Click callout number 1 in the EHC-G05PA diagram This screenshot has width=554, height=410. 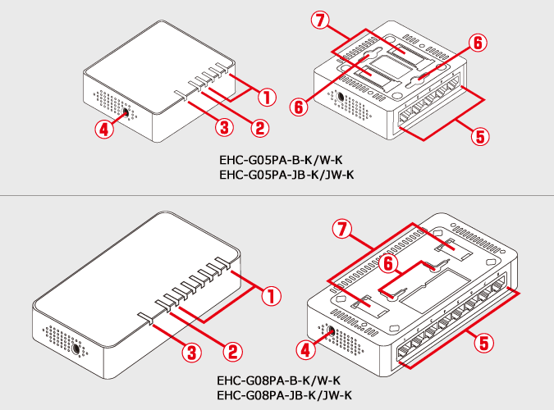pos(267,97)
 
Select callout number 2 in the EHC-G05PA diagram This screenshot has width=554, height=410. pos(259,128)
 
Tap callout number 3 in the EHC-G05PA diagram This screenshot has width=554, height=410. pos(224,127)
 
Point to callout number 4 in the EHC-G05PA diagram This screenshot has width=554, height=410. pos(104,130)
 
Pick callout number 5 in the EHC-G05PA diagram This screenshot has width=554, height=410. pos(480,136)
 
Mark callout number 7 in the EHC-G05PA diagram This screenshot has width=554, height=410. pos(320,20)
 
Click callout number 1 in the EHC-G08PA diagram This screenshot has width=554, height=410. pos(272,296)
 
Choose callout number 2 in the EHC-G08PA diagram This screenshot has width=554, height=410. pos(233,352)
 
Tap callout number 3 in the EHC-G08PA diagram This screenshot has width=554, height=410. pos(192,352)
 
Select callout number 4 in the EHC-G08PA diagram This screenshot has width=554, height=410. pos(305,350)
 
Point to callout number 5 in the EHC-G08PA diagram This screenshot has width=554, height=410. pos(483,343)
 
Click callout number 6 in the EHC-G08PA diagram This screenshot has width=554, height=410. pos(388,264)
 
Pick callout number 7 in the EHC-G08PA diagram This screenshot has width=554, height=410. pos(342,230)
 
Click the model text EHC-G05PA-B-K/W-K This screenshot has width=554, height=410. pos(281,160)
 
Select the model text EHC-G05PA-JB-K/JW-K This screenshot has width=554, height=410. pos(286,175)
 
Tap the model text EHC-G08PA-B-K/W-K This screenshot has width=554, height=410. pos(279,380)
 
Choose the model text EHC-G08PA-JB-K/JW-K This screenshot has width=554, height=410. pos(285,394)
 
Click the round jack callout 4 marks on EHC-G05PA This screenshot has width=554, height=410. pos(125,112)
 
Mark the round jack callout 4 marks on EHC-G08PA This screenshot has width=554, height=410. pos(331,331)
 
